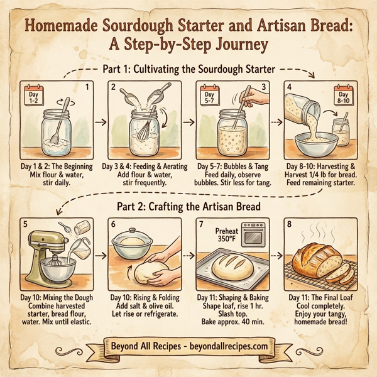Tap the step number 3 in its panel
(264, 87)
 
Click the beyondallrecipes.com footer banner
(188, 346)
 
